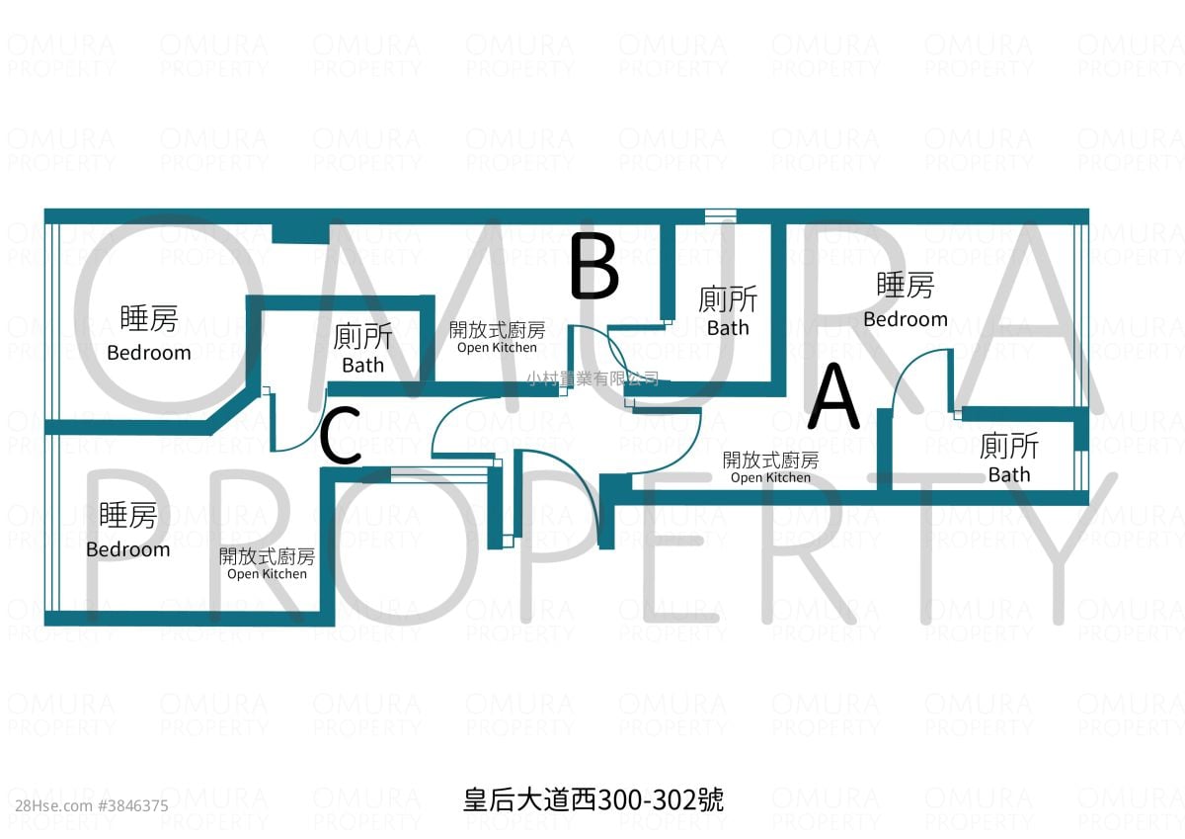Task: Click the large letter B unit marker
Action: point(594,266)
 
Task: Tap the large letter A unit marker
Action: point(833,395)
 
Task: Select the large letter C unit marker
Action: point(341,435)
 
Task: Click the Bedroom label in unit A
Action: point(906,319)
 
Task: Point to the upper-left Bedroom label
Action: point(149,353)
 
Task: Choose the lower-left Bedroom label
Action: point(128,549)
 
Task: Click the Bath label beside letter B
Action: point(728,328)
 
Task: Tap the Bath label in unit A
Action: point(1009,474)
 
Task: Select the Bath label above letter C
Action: point(363,366)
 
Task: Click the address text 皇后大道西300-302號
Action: point(593,799)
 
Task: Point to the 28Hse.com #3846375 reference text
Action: point(92,805)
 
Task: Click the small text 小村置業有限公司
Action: point(593,378)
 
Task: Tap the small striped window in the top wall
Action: point(721,213)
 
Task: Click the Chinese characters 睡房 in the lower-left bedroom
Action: point(128,515)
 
